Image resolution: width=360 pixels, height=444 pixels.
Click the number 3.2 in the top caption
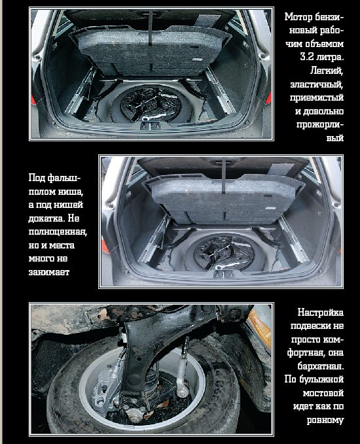pos(308,57)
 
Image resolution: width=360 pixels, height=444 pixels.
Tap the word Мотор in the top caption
pos(298,17)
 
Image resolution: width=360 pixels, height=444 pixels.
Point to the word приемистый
pos(317,97)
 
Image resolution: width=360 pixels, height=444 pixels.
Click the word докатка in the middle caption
pos(46,218)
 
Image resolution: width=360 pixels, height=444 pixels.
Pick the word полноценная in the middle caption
pos(58,232)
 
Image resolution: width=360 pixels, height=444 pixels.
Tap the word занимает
pos(48,272)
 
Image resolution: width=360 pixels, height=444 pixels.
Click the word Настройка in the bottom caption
pos(320,313)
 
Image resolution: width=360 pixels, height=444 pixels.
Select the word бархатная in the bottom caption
pos(321,366)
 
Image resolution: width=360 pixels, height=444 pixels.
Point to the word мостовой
pos(323,393)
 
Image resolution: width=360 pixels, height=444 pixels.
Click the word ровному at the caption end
pos(325,420)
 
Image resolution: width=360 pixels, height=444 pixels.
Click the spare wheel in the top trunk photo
pos(151,104)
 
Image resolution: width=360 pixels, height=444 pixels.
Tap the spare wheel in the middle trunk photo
pos(225,252)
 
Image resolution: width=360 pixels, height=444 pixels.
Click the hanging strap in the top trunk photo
pos(150,27)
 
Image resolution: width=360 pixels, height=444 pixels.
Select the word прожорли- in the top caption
pos(320,124)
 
